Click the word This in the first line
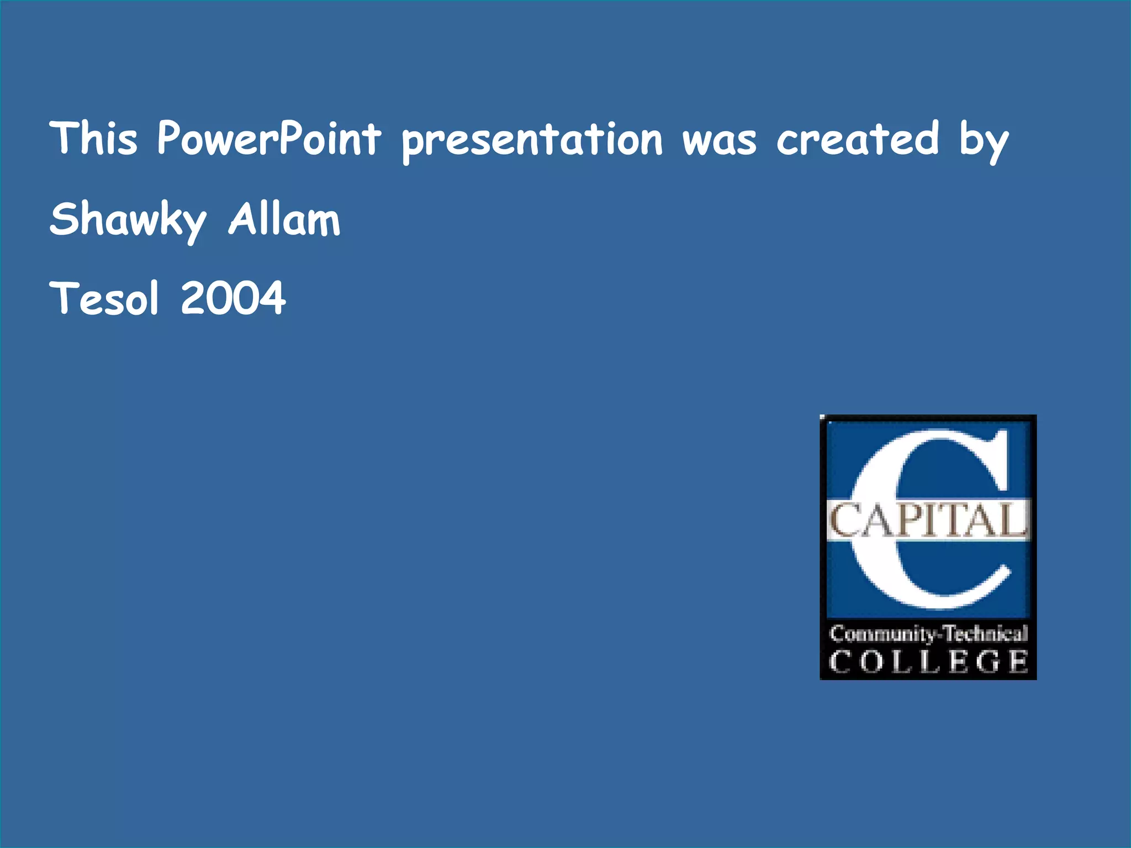[x=93, y=138]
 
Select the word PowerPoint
[x=269, y=138]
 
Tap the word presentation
[x=532, y=141]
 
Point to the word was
[x=720, y=141]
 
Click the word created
[x=858, y=138]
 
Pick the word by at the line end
[x=984, y=141]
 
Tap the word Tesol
[x=104, y=298]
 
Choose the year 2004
[x=233, y=298]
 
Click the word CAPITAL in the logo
[x=928, y=520]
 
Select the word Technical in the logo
[x=985, y=633]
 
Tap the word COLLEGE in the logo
[x=928, y=661]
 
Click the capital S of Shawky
[x=63, y=219]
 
